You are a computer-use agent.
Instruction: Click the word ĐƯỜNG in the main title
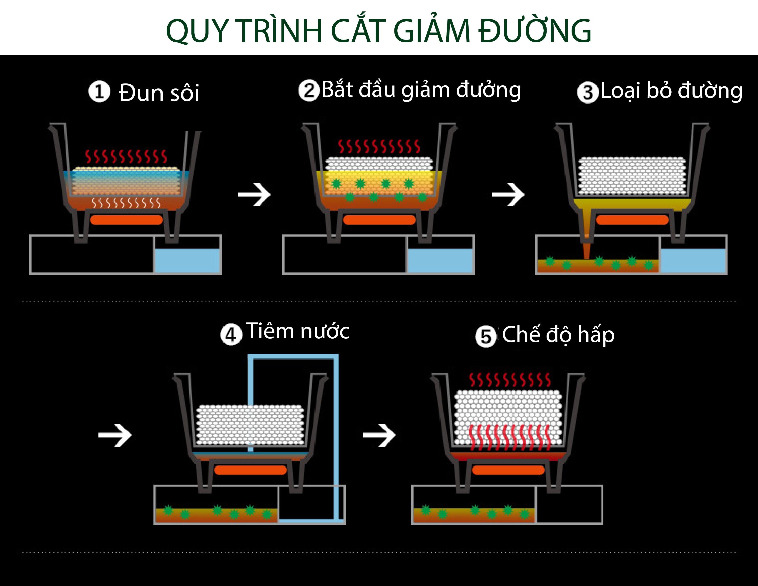(x=535, y=31)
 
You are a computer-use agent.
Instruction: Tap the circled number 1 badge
(x=99, y=92)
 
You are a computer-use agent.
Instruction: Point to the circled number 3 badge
(x=587, y=92)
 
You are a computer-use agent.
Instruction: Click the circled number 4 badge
(x=231, y=335)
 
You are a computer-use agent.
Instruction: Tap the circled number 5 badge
(x=486, y=336)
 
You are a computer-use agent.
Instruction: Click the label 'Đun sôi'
(x=159, y=93)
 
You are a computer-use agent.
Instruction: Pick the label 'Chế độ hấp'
(x=558, y=335)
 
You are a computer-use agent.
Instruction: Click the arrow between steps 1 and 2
(x=254, y=194)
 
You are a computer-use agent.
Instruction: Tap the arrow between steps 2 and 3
(x=508, y=194)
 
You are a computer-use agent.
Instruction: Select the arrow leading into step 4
(x=115, y=435)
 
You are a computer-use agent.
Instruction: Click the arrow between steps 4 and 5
(x=379, y=435)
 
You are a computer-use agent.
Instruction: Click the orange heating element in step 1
(x=126, y=220)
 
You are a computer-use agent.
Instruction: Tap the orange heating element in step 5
(x=508, y=470)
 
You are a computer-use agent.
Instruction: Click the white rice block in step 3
(x=632, y=175)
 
